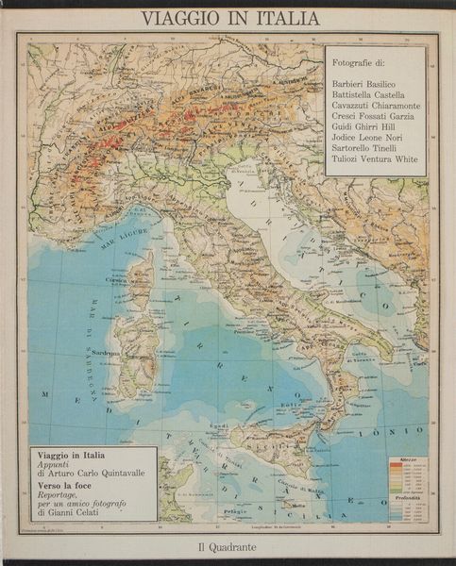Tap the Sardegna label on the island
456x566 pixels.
click(x=134, y=351)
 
